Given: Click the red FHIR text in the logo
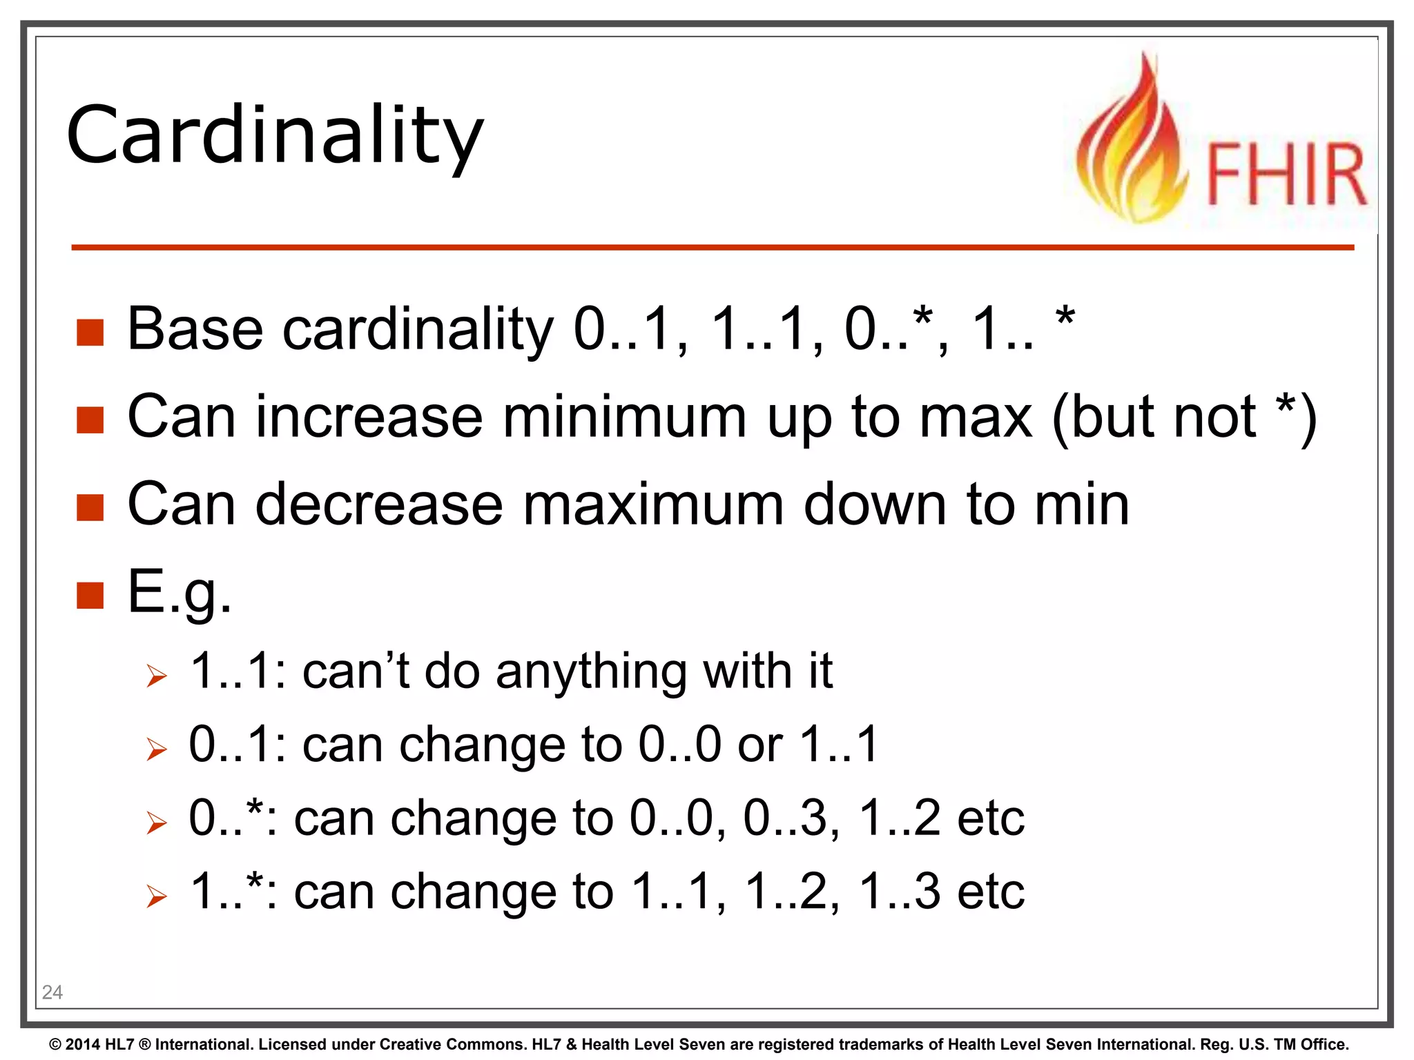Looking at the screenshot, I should coord(1286,174).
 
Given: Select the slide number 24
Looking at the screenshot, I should coord(52,992).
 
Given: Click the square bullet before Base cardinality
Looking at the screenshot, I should coord(90,332).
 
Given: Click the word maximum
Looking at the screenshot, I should coord(653,504).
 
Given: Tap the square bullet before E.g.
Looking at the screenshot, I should coord(90,595).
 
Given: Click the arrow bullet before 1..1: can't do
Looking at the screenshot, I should coord(157,676).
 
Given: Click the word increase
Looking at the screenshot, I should coord(369,417).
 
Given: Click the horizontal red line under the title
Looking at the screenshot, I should coord(711,247).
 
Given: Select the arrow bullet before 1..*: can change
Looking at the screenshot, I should coord(157,896).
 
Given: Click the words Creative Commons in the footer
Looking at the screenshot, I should coord(452,1044).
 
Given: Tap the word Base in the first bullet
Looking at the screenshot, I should coord(195,329).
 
